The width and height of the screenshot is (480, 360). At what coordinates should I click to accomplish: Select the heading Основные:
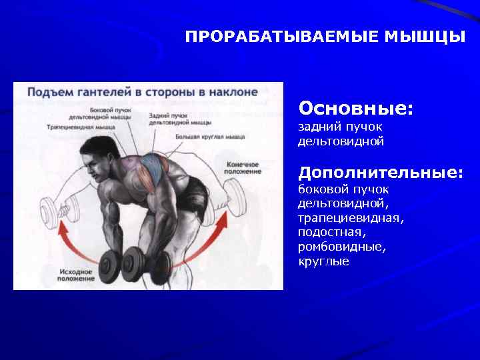point(355,107)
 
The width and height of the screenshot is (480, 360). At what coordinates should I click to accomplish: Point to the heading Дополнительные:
point(381,173)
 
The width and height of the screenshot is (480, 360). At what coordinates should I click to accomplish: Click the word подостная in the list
point(331,233)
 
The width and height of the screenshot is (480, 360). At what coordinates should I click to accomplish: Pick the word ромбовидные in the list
point(341,247)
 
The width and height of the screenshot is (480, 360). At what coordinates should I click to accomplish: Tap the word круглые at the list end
point(323,261)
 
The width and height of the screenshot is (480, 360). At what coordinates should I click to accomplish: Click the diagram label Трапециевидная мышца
point(81,126)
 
